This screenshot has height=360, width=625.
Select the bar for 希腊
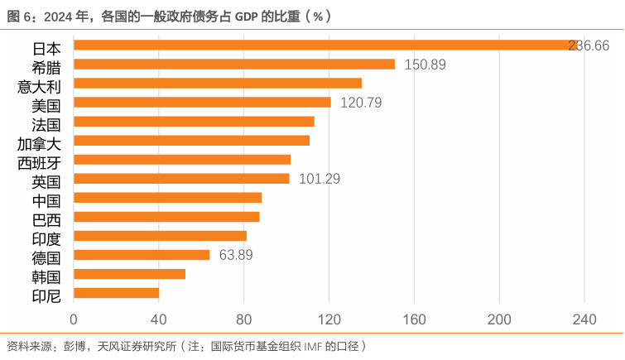pos(234,65)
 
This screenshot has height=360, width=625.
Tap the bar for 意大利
pos(218,84)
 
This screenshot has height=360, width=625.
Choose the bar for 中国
pos(167,198)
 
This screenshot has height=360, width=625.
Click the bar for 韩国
pos(129,274)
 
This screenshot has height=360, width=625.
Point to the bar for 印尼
pos(116,293)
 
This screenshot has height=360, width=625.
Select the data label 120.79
pos(361,103)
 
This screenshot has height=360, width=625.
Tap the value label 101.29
pos(320,179)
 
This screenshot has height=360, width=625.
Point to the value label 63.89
pos(236,255)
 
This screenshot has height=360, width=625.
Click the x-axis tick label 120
pos(329,320)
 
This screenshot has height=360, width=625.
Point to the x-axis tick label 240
pos(584,320)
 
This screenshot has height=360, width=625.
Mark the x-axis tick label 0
pos(74,320)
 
